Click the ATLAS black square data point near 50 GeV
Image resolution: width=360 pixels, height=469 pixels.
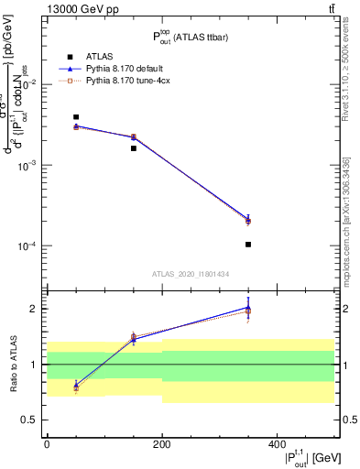tap(76, 117)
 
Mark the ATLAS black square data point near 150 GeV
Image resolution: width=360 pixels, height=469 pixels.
tap(134, 147)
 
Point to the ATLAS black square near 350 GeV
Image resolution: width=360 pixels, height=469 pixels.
tap(248, 245)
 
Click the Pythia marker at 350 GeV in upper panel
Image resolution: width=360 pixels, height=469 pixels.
tap(248, 219)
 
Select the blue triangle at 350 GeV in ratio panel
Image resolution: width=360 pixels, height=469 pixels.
tap(248, 308)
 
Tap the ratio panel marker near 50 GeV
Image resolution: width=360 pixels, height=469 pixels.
tap(76, 386)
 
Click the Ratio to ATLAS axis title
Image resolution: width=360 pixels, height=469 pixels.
tap(12, 364)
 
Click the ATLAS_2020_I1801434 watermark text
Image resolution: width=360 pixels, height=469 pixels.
tap(191, 274)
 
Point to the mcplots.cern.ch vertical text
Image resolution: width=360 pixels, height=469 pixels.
tap(349, 229)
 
